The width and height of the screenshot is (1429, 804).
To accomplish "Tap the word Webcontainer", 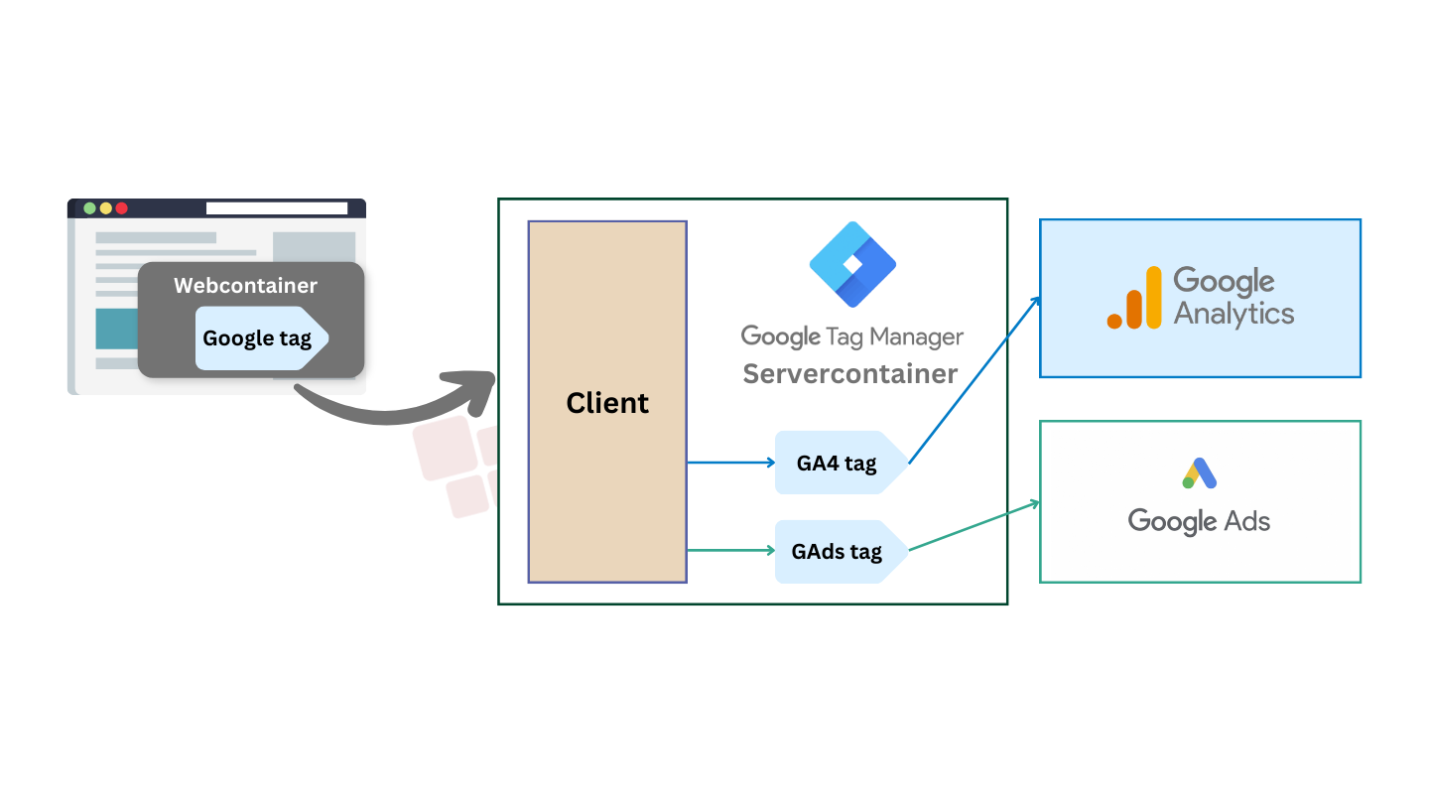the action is [x=246, y=285].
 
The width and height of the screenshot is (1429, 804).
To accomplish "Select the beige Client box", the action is [x=607, y=402].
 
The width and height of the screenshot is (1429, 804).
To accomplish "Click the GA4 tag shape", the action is [x=841, y=463].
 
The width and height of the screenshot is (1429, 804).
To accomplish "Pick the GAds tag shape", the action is [x=841, y=551].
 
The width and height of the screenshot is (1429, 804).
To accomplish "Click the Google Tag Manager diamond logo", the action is [x=852, y=264].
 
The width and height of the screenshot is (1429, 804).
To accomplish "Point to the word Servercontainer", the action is [x=850, y=374].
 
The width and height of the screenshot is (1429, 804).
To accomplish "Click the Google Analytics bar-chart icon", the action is [x=1134, y=298].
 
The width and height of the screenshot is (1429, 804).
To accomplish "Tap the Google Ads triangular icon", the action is [x=1200, y=473].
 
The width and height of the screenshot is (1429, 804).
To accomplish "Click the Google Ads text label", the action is [x=1199, y=521].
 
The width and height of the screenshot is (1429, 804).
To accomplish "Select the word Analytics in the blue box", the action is [x=1234, y=314].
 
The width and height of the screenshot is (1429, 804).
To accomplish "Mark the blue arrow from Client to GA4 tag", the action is [x=731, y=463].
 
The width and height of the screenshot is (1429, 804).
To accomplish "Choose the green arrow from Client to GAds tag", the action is [x=731, y=550].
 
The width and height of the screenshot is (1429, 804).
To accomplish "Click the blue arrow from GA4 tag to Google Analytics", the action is [x=974, y=379].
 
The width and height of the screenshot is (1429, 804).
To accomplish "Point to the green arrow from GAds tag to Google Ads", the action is [x=974, y=526].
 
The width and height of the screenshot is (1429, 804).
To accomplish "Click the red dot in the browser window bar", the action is [x=121, y=208].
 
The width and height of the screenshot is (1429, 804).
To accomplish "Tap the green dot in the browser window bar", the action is [x=89, y=208].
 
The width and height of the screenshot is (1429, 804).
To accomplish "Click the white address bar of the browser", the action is [x=277, y=208].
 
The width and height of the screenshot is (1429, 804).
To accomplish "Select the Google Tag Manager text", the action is [x=852, y=336].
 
